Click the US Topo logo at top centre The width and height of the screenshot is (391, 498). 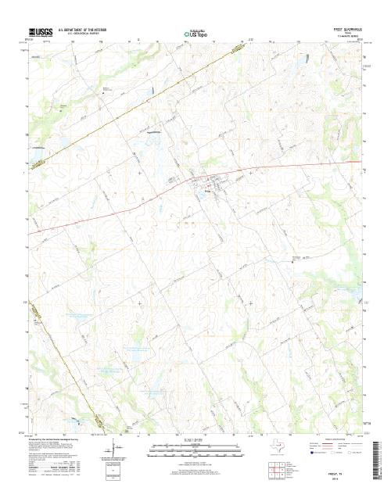pyautogui.click(x=195, y=34)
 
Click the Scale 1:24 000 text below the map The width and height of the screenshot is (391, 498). pyautogui.click(x=195, y=440)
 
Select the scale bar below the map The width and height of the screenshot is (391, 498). pyautogui.click(x=195, y=447)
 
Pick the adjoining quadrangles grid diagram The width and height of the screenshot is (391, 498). pyautogui.click(x=274, y=470)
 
